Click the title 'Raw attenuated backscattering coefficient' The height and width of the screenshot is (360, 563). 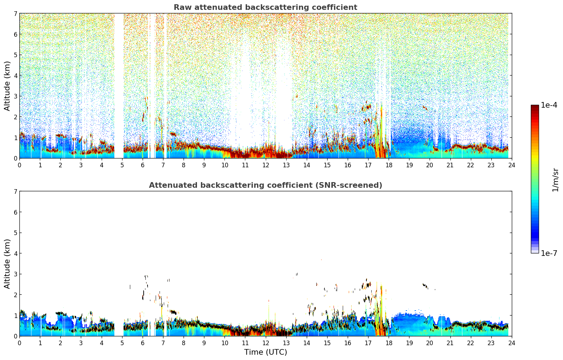coord(265,7)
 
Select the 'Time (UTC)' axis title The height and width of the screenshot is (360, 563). coord(265,352)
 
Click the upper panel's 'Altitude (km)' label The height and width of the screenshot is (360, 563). coord(7,86)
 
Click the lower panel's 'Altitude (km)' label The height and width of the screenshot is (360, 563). coord(7,264)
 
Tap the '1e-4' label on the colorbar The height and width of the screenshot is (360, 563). coord(549,105)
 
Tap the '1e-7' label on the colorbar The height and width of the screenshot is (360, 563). coord(549,253)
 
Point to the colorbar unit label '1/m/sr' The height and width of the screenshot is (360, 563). coord(555,179)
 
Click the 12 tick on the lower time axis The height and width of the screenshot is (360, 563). coord(265,343)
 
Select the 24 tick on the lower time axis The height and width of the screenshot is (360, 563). coord(511,343)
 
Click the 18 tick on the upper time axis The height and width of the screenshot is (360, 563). coord(389,165)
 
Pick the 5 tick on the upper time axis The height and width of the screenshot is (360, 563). coord(122,165)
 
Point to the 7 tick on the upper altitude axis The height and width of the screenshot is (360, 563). coord(15,14)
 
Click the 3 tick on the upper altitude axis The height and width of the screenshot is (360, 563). coord(15,96)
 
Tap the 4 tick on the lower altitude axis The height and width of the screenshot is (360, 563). coord(15,253)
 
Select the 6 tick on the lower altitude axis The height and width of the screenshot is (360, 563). coord(15,212)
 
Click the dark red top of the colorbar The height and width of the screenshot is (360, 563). coord(534,107)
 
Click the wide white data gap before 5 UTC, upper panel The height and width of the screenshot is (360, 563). coord(119,85)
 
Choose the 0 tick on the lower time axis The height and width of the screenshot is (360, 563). coord(19,343)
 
